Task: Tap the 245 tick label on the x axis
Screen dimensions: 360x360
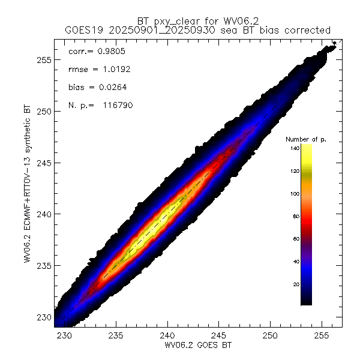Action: point(219,335)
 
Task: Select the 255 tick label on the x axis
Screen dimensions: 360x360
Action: point(322,335)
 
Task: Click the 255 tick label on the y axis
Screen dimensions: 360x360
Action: point(42,60)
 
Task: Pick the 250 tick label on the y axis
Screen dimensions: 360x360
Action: point(42,112)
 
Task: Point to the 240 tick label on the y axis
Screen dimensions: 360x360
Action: point(42,214)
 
